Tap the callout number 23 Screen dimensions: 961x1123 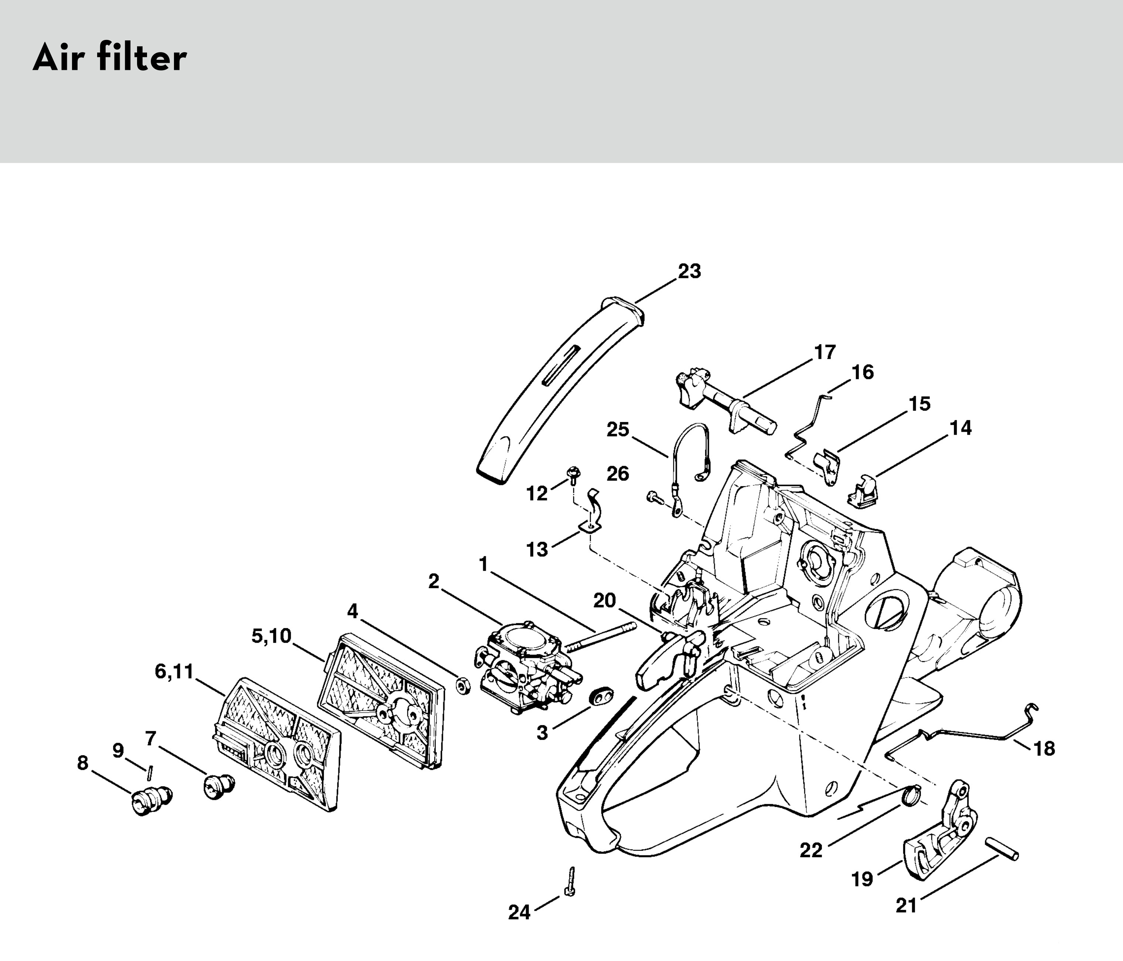pos(689,271)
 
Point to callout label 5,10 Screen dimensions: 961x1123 pos(271,636)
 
